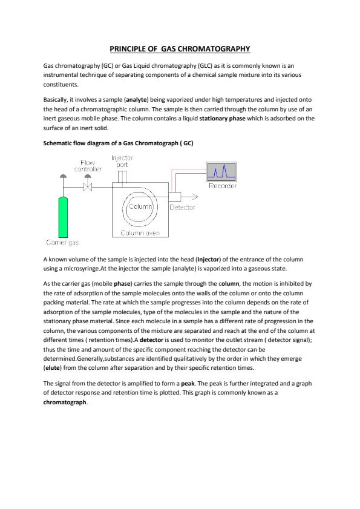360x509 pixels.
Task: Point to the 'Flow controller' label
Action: [88, 166]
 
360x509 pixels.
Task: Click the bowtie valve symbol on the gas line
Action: [88, 188]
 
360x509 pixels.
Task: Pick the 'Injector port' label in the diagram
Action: [122, 160]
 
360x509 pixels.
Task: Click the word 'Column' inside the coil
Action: [142, 207]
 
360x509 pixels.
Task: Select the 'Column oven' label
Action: [140, 232]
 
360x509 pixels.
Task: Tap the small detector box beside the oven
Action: [175, 196]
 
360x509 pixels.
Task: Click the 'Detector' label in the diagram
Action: [183, 208]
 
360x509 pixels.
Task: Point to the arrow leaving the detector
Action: [192, 196]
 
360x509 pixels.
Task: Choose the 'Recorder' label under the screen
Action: [222, 186]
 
